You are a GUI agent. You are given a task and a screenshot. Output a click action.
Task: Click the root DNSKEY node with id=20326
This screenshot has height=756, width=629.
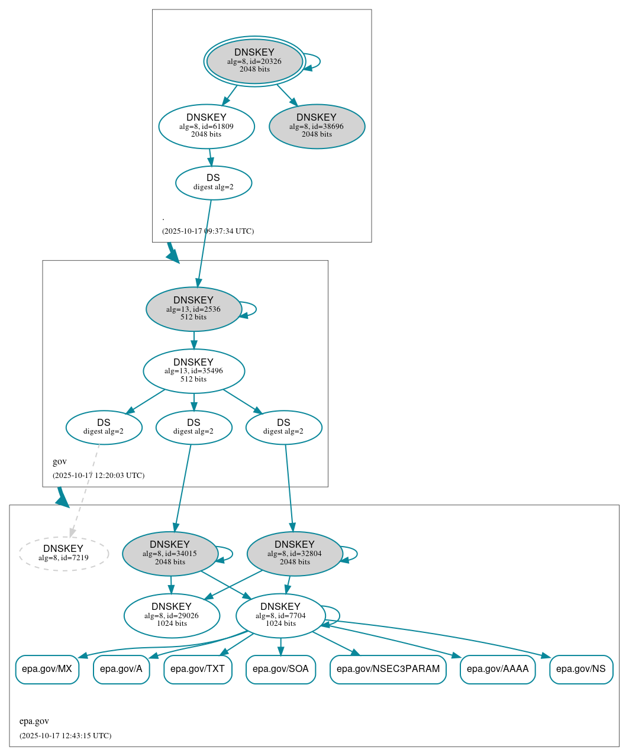[254, 61]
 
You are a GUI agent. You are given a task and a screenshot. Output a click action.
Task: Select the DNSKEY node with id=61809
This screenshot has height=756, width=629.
[207, 126]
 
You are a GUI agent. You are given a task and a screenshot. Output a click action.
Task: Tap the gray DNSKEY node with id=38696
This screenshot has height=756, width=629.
[317, 126]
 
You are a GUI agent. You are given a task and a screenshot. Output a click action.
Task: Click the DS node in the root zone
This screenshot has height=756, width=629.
[214, 183]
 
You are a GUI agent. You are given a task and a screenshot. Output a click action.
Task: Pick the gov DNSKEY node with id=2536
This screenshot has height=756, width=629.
[193, 309]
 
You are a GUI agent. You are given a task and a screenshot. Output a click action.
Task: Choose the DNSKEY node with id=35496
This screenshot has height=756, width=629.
[193, 371]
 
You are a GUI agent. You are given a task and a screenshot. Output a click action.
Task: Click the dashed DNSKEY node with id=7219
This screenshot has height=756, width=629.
[63, 554]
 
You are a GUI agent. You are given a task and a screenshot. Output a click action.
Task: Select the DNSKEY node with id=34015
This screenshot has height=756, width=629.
[170, 554]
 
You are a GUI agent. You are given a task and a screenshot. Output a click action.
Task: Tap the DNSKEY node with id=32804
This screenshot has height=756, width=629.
[295, 554]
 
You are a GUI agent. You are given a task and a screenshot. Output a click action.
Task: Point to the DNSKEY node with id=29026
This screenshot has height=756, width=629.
[172, 616]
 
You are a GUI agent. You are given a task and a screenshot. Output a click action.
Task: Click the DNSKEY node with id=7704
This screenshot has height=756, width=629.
[280, 616]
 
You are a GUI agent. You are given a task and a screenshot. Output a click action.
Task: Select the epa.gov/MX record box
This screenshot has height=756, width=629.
[47, 669]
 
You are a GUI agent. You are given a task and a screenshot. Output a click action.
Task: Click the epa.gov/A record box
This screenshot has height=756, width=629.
[121, 669]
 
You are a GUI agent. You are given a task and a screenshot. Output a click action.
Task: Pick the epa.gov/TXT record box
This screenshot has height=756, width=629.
[198, 669]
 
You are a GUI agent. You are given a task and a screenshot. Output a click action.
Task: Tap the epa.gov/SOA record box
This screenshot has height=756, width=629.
[280, 669]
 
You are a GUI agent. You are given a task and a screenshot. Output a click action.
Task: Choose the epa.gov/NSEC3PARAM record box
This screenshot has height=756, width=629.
[388, 669]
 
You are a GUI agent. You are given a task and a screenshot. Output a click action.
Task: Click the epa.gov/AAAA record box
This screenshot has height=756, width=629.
[498, 669]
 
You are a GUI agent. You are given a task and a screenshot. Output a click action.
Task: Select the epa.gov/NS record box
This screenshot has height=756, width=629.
[581, 669]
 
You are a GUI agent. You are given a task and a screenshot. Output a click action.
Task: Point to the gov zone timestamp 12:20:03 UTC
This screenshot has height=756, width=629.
[98, 475]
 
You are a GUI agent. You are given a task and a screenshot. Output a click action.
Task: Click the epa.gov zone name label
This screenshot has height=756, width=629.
[34, 721]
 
